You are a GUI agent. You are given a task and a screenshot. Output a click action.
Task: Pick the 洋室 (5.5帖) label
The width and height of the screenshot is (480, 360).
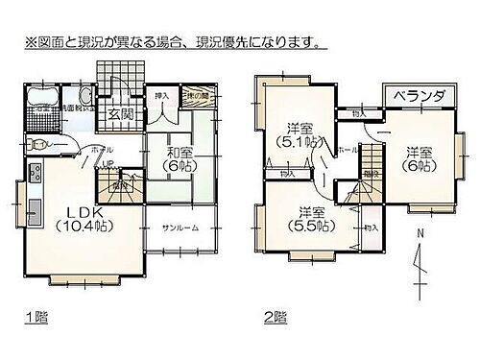308,219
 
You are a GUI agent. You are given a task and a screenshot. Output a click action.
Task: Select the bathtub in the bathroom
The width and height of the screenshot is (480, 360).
37,99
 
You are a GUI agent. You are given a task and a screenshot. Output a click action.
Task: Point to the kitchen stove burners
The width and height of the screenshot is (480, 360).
36,174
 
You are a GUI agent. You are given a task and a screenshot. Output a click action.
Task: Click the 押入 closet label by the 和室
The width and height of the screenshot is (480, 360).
162,96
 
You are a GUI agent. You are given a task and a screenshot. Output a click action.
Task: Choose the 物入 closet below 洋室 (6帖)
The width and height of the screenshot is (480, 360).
371,228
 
